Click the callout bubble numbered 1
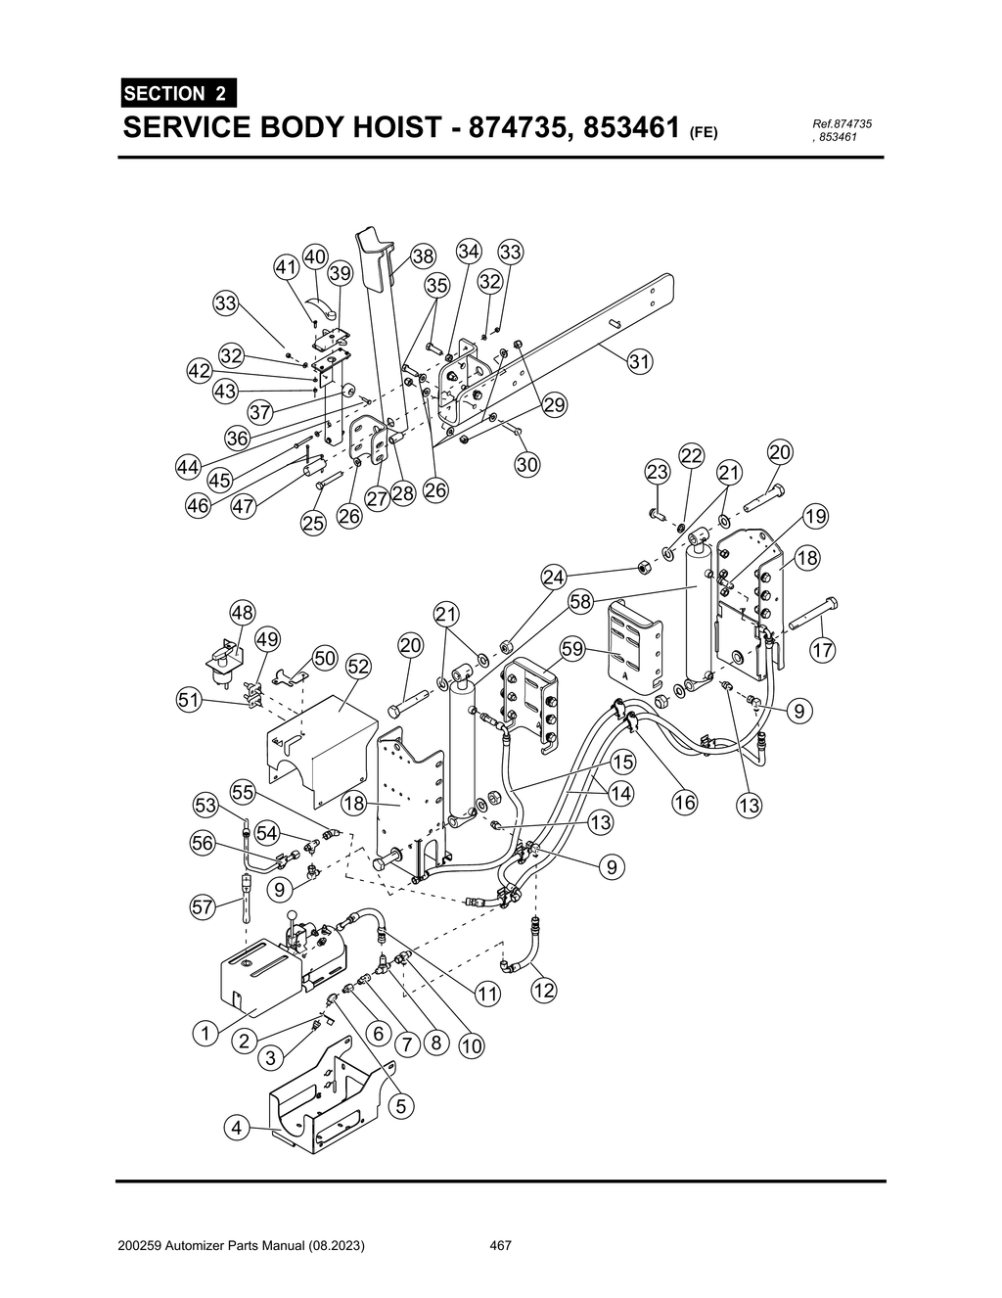tap(205, 1033)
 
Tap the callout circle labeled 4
tap(236, 1129)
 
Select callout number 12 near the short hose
tap(544, 990)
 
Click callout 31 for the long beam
tap(639, 361)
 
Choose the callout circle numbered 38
tap(422, 256)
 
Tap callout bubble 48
tap(242, 613)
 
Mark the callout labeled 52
tap(358, 667)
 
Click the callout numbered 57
tap(203, 906)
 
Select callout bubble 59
tap(572, 648)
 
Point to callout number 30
tap(526, 464)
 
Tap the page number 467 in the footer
tap(501, 1246)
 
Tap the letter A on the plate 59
tap(624, 674)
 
